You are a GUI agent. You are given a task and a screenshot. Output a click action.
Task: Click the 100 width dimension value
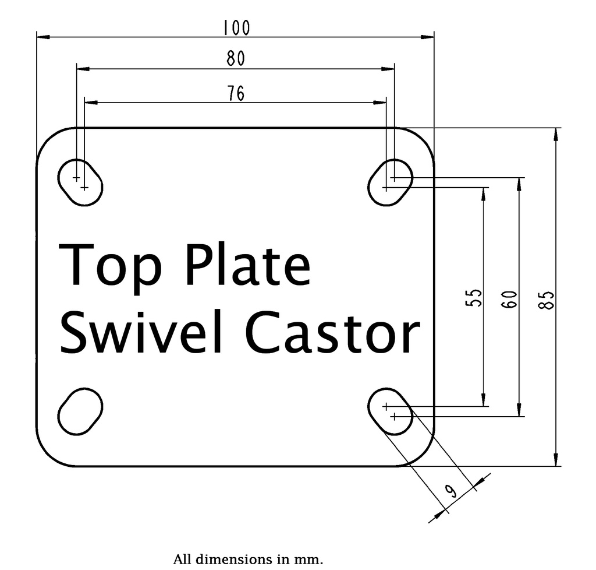236,27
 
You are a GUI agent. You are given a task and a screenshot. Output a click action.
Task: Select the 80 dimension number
235,59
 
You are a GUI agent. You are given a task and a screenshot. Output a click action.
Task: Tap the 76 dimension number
235,93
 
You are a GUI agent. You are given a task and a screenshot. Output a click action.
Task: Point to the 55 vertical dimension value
476,297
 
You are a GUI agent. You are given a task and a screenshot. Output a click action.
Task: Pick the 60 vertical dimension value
510,299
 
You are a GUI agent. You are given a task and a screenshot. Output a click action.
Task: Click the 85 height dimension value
547,299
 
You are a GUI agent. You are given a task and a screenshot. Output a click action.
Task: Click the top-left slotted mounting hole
80,181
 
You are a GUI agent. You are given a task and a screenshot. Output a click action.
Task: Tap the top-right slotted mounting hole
391,181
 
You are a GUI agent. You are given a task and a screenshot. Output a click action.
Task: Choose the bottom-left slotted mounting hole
80,411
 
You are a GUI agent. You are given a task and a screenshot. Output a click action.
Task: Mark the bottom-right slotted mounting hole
391,411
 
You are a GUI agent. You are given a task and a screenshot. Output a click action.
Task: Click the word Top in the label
111,265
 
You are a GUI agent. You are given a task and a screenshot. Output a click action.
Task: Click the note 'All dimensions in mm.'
248,560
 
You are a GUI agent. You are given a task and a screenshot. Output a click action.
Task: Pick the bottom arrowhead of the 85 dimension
556,460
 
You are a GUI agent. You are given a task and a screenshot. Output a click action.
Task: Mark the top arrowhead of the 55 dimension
484,193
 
